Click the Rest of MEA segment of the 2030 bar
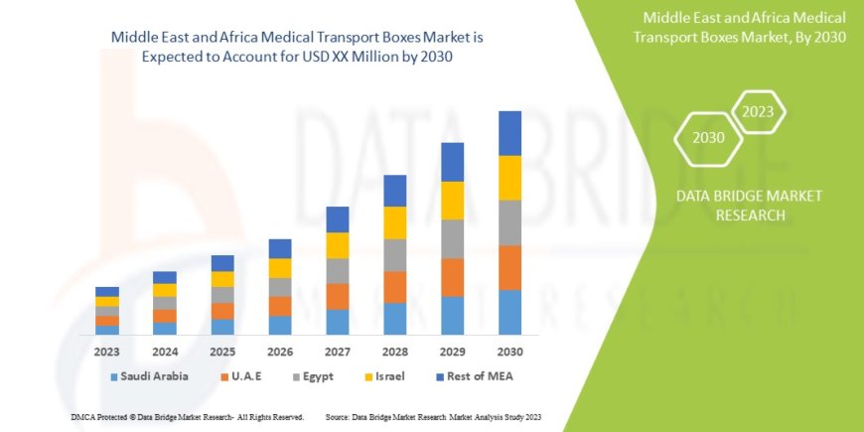point(509,133)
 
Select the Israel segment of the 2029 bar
point(452,201)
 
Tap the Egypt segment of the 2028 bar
point(394,255)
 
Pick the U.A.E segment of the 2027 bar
point(337,296)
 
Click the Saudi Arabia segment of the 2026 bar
point(280,325)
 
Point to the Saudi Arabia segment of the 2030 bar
point(509,312)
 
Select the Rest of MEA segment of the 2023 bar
point(107,291)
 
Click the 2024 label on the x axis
point(164,351)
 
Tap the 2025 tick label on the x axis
point(222,351)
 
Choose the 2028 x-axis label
point(394,351)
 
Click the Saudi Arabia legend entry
point(149,376)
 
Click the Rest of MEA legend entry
point(474,376)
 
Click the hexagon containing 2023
point(758,111)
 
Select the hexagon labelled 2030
point(709,137)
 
